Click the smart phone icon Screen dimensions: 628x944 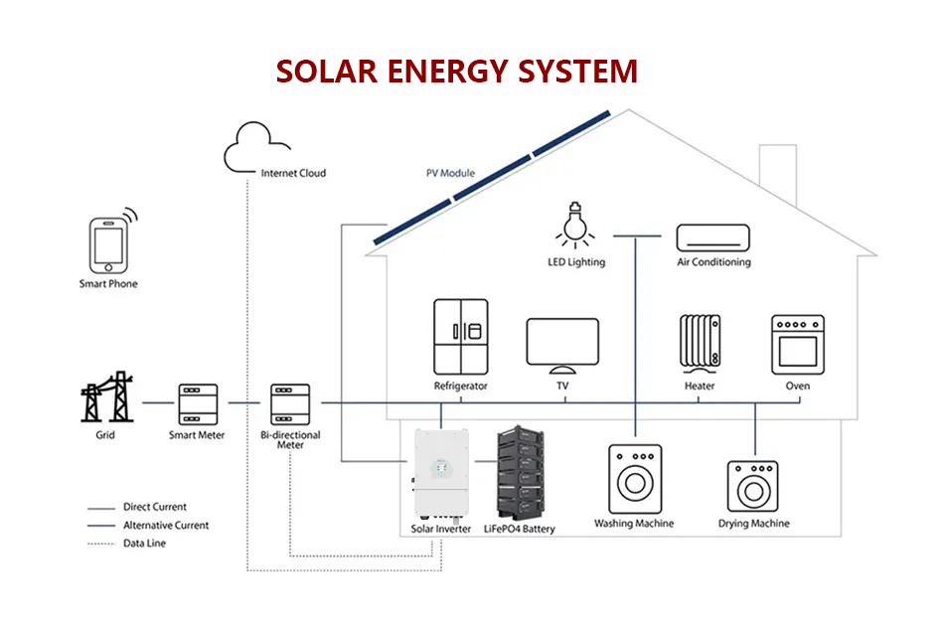coord(108,245)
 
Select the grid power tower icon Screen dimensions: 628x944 coord(105,397)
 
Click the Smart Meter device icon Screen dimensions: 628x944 coord(197,403)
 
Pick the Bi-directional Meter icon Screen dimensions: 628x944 coord(290,403)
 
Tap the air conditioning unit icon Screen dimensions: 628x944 coord(712,237)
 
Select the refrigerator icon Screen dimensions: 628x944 coord(460,336)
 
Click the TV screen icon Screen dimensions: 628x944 coord(561,345)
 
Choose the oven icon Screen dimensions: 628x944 coord(797,344)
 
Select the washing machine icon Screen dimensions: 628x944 coord(634,479)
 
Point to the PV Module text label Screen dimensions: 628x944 coord(450,173)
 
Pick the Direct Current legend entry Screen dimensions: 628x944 coord(154,507)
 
